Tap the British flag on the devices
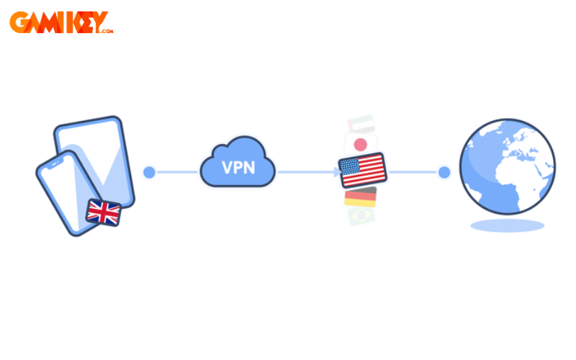click(103, 212)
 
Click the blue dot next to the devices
click(149, 172)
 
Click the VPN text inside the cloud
click(237, 168)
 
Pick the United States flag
click(363, 171)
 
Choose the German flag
click(360, 197)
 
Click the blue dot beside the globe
click(444, 172)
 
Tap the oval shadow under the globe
click(507, 225)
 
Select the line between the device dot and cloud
click(176, 172)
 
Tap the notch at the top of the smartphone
click(54, 161)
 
